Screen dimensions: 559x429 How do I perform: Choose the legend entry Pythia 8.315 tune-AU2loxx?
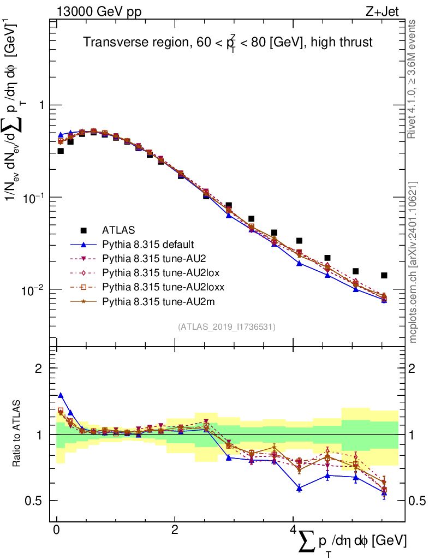tap(163, 287)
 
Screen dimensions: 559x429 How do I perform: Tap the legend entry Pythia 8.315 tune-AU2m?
tap(156, 301)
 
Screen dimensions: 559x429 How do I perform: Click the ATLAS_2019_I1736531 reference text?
tap(227, 327)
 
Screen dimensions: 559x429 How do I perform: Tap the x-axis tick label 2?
tap(174, 530)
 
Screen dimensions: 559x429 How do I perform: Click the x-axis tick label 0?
tap(56, 530)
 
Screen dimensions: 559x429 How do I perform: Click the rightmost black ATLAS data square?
tap(384, 276)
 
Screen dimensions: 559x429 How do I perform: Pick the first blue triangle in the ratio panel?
tap(61, 395)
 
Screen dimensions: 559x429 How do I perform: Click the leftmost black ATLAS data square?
tap(61, 151)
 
